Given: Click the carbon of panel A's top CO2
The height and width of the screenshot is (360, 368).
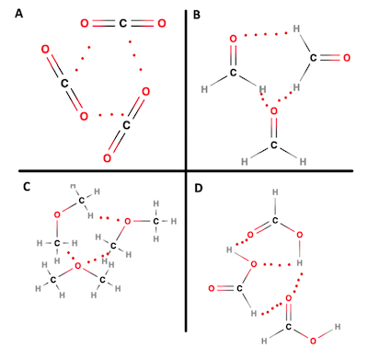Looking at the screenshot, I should (x=121, y=22).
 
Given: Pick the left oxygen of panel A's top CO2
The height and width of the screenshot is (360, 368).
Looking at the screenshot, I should (x=86, y=22).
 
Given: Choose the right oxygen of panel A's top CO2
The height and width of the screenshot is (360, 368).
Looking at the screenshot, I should (x=158, y=22).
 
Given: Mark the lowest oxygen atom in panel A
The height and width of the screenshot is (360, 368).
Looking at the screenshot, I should (x=107, y=159).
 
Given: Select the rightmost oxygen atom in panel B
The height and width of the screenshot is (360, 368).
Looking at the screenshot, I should (x=346, y=58).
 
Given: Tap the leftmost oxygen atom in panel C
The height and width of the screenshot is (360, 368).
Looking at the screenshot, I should (x=56, y=215).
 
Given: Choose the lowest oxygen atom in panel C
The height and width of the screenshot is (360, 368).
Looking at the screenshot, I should (x=77, y=266).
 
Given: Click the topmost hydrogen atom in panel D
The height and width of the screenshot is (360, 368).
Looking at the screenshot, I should (x=273, y=193).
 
